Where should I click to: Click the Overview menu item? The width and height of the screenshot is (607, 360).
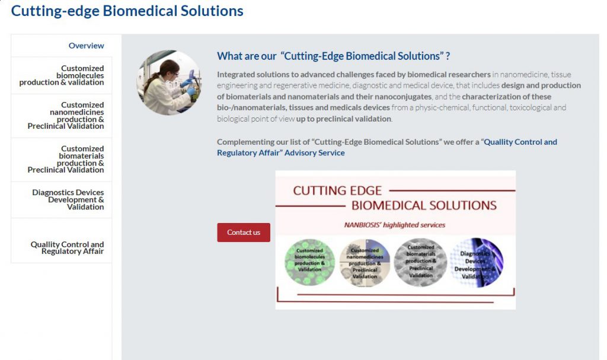click(86, 46)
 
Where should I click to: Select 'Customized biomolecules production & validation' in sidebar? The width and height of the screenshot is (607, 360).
click(62, 75)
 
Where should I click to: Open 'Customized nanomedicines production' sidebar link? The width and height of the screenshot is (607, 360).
click(65, 116)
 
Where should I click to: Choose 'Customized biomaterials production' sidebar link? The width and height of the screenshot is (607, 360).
click(65, 160)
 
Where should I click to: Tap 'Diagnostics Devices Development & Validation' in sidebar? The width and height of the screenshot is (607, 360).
click(68, 199)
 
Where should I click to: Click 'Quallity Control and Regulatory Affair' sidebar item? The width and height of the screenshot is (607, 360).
click(67, 248)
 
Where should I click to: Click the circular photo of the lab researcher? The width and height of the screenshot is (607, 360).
click(169, 82)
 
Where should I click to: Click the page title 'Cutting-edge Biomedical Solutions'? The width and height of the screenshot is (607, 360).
click(127, 11)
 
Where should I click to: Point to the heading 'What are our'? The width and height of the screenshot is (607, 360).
click(247, 56)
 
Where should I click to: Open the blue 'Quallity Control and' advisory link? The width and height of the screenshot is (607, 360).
click(520, 142)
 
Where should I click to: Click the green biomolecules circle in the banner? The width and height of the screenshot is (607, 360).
click(309, 262)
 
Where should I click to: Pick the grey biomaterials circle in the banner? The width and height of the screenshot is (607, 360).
click(420, 262)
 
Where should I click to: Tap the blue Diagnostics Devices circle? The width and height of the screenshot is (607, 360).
click(477, 263)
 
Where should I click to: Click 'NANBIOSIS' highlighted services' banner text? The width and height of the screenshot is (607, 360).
click(394, 225)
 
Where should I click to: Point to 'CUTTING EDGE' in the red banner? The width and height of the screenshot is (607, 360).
click(337, 190)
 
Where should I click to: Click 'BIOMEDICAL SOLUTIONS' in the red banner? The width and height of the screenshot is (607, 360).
click(424, 205)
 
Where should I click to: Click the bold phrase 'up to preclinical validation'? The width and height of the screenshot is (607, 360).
click(343, 119)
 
